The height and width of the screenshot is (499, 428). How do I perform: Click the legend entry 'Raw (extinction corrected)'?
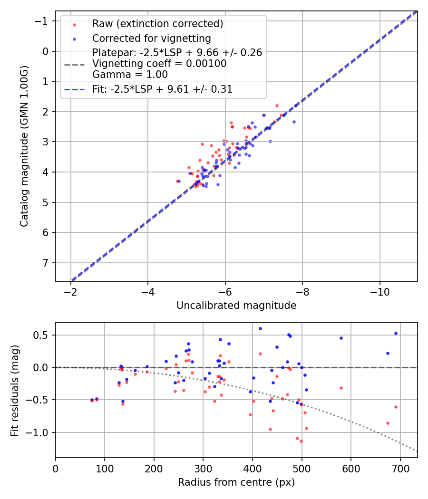click(x=157, y=24)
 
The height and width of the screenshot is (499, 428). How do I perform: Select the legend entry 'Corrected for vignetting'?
click(x=151, y=38)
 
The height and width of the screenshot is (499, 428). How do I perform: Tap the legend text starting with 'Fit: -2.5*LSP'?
click(x=162, y=89)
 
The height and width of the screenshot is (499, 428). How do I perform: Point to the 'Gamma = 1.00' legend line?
click(x=130, y=74)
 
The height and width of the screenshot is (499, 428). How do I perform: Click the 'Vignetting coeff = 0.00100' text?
click(x=159, y=64)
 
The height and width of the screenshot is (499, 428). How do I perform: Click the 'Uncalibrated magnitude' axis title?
click(x=236, y=306)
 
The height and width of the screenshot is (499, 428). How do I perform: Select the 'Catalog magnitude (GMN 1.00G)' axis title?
click(x=24, y=146)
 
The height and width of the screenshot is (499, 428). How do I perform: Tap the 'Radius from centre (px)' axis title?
click(x=236, y=482)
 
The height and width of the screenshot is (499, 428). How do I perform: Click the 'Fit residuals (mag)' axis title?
click(x=15, y=390)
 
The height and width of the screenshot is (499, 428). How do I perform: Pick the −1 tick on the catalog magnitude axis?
click(x=43, y=21)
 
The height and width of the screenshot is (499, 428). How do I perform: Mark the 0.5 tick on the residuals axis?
click(x=43, y=335)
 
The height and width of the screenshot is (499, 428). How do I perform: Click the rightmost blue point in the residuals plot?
click(x=396, y=334)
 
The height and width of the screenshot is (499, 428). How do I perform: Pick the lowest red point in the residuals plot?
click(x=301, y=441)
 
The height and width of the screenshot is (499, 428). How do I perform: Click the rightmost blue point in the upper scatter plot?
click(x=294, y=122)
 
